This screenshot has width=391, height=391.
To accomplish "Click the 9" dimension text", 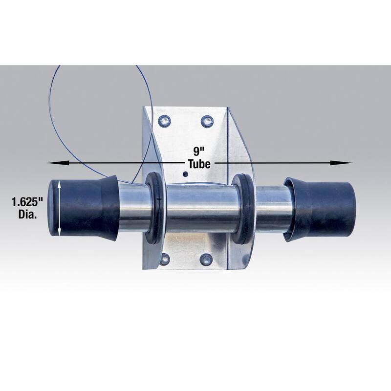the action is [x=199, y=151].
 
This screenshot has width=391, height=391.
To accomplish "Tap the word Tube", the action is [x=199, y=164].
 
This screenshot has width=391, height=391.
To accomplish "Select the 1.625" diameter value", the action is [x=27, y=202].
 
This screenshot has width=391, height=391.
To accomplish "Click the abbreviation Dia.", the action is [x=27, y=215].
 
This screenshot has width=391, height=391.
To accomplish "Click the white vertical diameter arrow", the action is [x=59, y=209].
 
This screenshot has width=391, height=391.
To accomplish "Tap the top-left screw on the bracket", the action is [x=165, y=121].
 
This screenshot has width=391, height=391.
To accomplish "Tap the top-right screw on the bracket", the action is [x=207, y=121].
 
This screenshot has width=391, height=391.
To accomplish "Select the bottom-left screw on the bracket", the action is [x=164, y=260].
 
